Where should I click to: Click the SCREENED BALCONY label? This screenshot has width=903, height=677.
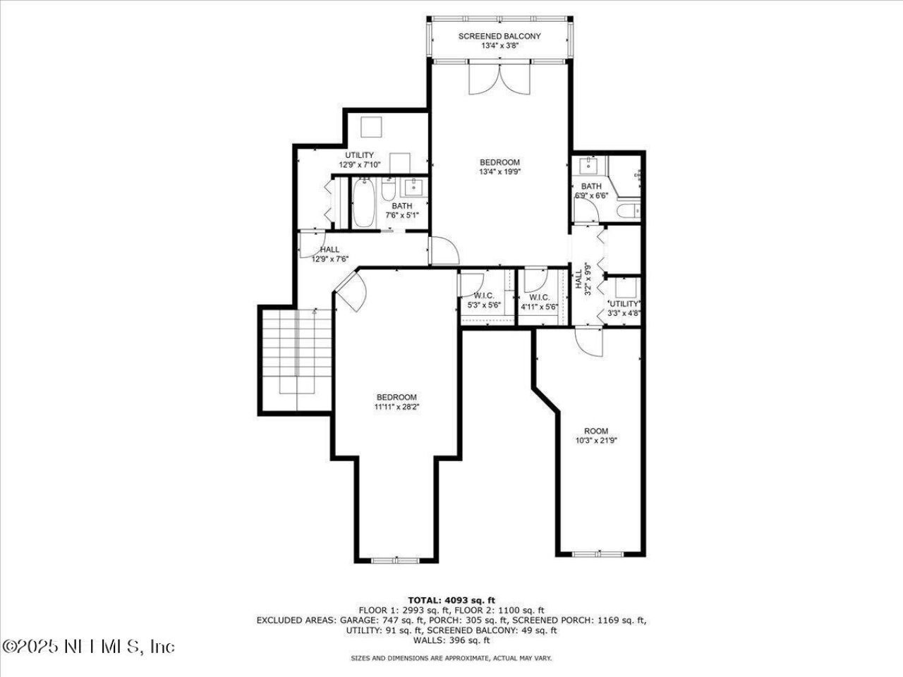tap(499, 36)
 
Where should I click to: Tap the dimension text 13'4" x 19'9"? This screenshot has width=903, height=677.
tap(499, 171)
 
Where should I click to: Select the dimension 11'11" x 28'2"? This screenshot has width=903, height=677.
tap(396, 406)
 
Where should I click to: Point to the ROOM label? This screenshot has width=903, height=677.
tap(595, 431)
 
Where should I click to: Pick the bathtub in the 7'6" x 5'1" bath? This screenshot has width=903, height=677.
tap(364, 204)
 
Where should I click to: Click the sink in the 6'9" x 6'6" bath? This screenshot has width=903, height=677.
tap(587, 168)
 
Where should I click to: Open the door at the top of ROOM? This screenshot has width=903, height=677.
tap(588, 342)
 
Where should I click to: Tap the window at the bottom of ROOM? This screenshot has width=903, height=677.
tap(600, 554)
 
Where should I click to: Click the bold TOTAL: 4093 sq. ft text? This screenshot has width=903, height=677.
tap(451, 600)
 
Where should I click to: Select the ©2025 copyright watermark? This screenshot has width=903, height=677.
tap(88, 646)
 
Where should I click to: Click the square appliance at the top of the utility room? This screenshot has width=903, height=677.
tap(371, 128)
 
